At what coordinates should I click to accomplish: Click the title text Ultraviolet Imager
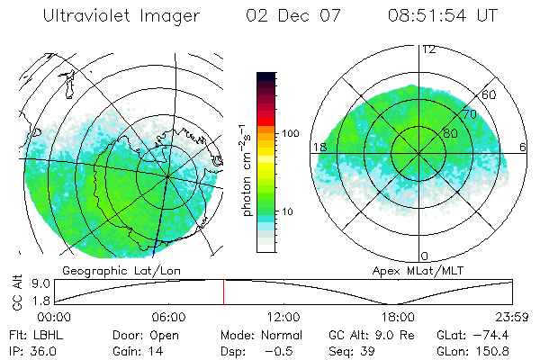click(119, 16)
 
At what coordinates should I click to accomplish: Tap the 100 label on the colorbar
click(290, 133)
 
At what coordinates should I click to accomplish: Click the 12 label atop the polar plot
click(428, 49)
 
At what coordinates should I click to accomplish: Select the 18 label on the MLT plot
click(318, 147)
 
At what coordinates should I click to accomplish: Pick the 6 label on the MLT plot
click(524, 147)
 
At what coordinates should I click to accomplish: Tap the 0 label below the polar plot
click(426, 256)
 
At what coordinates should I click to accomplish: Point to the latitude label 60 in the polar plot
click(490, 94)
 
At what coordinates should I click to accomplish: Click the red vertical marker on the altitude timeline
click(223, 292)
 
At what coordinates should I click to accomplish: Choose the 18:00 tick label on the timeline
click(399, 317)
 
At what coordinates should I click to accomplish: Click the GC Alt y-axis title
click(15, 292)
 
